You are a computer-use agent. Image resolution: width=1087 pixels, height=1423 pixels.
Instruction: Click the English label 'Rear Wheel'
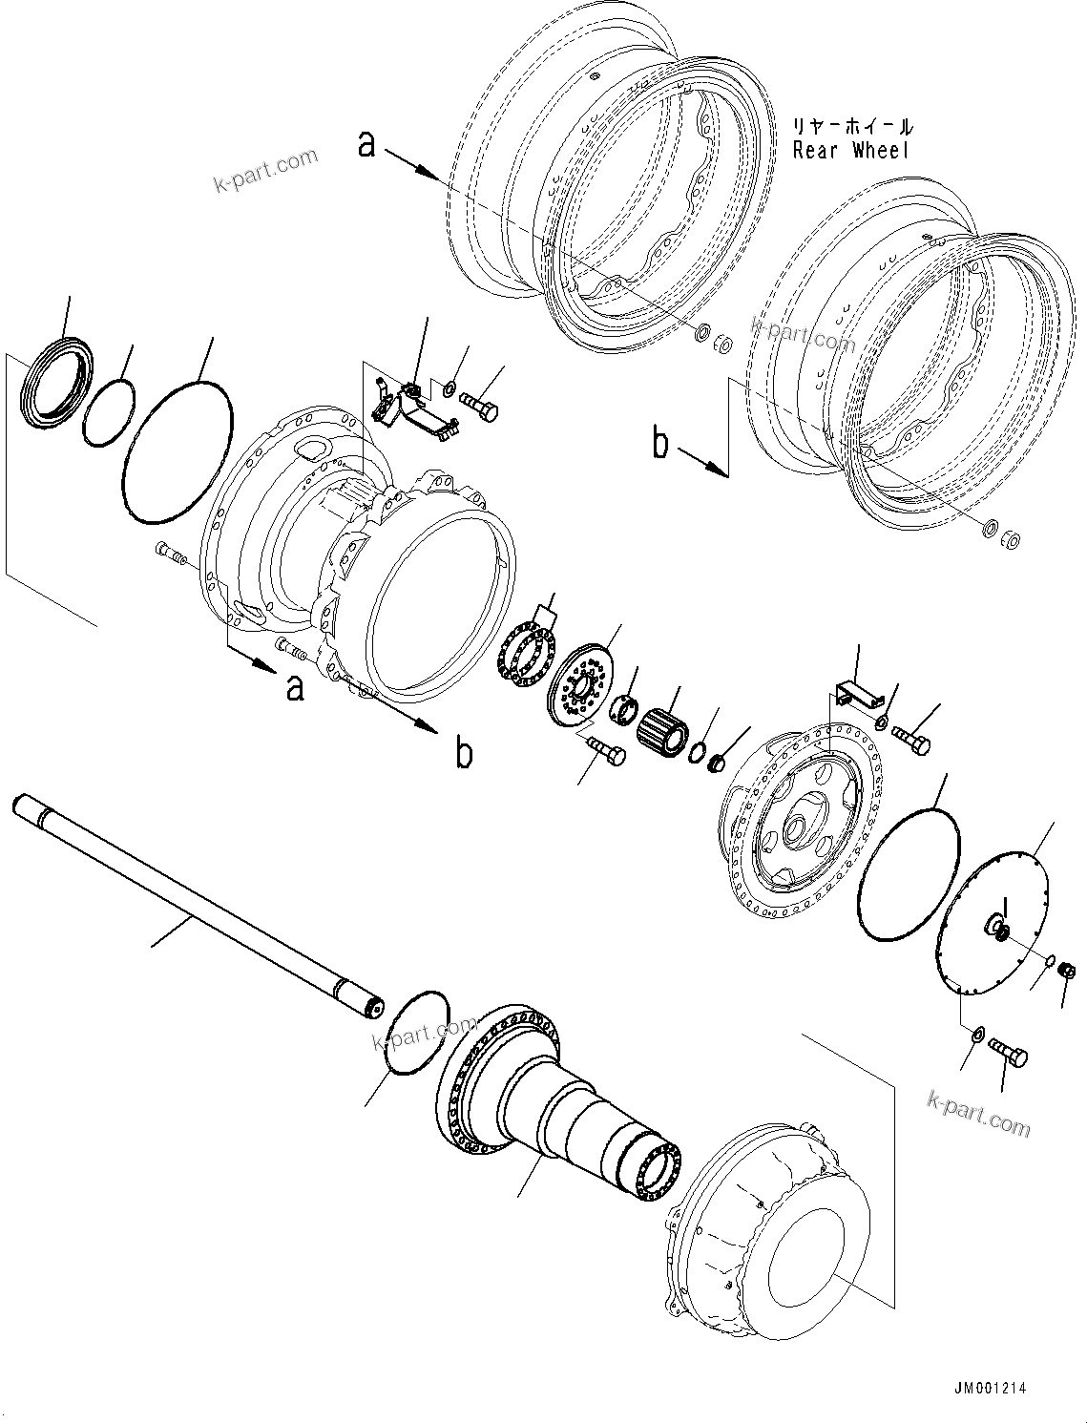click(850, 151)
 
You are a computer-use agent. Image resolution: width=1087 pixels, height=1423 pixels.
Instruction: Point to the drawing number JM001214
click(989, 1389)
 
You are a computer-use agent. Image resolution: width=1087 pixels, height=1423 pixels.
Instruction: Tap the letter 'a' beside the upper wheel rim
click(366, 144)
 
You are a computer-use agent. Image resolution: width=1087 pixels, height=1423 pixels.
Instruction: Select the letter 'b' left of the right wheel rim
click(660, 444)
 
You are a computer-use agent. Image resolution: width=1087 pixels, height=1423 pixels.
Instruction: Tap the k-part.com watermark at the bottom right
click(978, 1114)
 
